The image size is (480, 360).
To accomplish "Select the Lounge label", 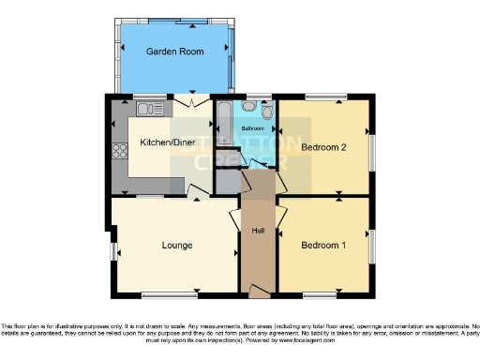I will (x=176, y=246).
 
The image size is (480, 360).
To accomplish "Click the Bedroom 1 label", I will (x=322, y=246).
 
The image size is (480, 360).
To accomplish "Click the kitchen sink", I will (x=156, y=111).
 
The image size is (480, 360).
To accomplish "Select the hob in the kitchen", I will (x=120, y=150).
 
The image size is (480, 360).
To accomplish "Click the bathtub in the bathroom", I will (x=223, y=121).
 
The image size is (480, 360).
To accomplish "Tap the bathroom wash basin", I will (x=248, y=107).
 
